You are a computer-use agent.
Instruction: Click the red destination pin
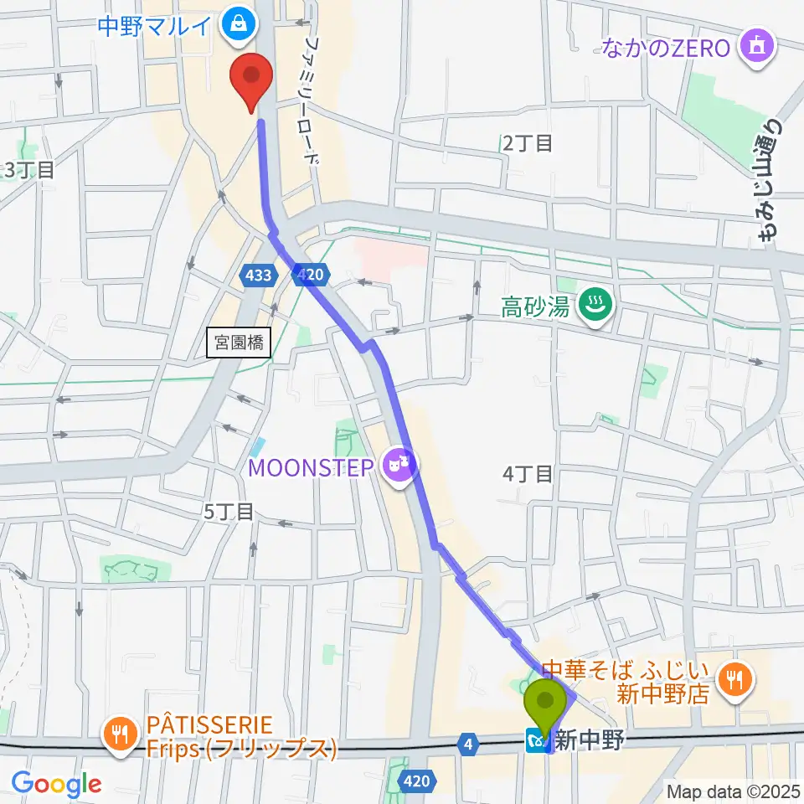252,77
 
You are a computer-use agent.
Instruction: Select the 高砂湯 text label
535,308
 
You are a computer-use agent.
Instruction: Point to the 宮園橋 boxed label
239,343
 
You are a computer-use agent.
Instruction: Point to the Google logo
55,784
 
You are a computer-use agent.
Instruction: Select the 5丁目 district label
228,512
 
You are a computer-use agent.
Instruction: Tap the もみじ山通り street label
768,180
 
